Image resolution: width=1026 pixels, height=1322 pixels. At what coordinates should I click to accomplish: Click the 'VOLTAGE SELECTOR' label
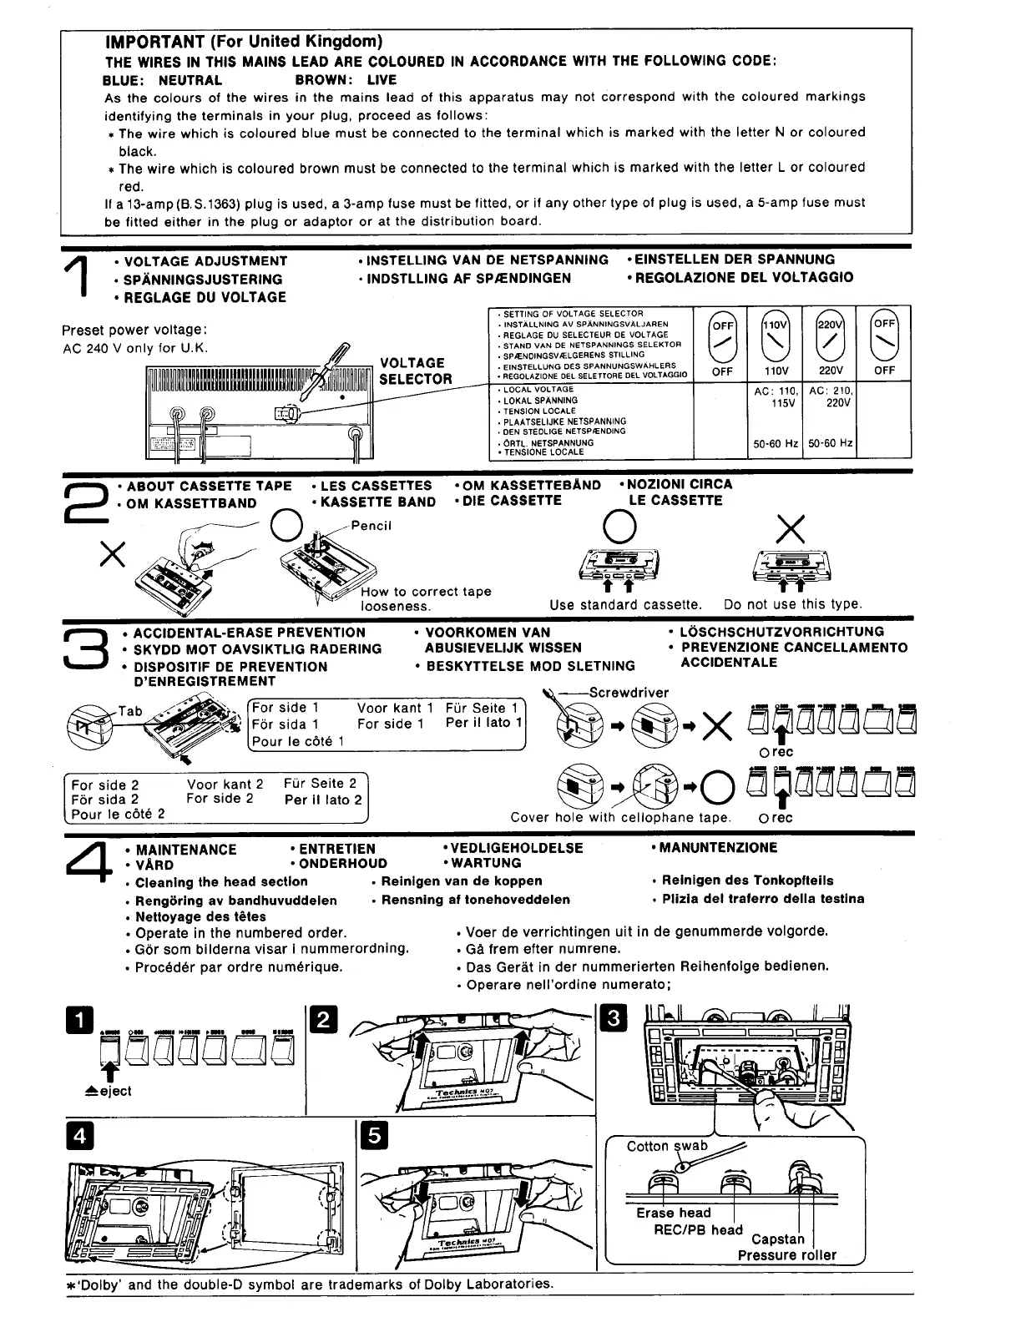coord(415,371)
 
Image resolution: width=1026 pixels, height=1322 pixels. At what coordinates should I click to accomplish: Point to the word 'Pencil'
coord(371,526)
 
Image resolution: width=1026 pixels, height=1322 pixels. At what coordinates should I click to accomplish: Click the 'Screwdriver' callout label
coord(629,692)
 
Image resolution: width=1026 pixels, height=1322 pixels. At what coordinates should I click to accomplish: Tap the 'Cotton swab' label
coord(667,1146)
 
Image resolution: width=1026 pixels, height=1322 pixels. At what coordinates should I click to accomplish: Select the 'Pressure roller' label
coord(786,1254)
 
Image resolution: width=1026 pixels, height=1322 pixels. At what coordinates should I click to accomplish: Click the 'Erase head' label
coord(673,1213)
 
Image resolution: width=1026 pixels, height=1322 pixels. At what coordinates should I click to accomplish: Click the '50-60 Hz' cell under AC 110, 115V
coord(776,444)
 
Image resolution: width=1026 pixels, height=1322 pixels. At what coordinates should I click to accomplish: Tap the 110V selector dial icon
coord(776,337)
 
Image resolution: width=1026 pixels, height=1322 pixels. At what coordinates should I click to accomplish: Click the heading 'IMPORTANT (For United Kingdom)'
coord(244,41)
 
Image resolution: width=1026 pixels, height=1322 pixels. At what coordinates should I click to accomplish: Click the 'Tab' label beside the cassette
coord(130,711)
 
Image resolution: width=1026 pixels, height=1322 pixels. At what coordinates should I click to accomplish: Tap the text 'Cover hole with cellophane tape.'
coord(620,818)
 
